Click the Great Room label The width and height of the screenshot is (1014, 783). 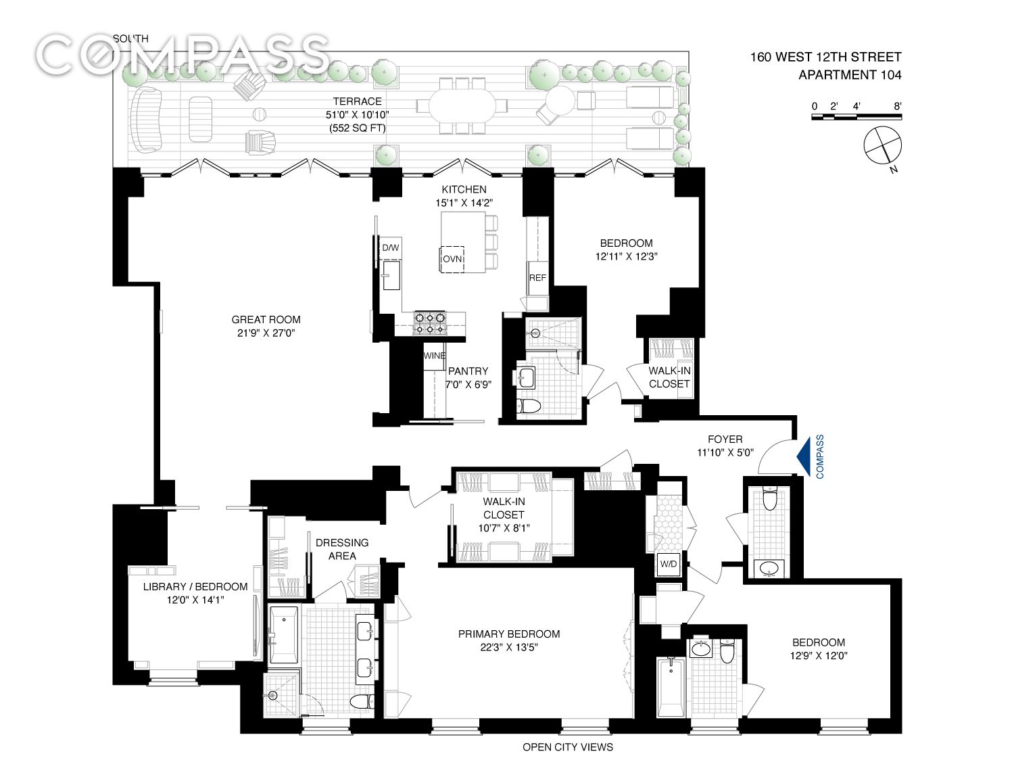click(266, 320)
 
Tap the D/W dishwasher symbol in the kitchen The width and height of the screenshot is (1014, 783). click(391, 248)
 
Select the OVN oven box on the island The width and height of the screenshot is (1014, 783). click(452, 259)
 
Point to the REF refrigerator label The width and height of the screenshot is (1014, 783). click(537, 278)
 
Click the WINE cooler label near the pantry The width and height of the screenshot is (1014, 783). click(434, 356)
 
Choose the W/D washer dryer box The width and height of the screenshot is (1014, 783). click(668, 563)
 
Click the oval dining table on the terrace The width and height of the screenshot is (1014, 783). click(462, 106)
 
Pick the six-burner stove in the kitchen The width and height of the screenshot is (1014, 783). click(430, 323)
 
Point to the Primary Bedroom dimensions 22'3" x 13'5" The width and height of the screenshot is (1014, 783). click(508, 647)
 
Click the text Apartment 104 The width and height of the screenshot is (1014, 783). click(850, 75)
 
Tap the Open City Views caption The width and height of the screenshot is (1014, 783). click(567, 747)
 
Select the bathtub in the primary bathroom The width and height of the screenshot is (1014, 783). click(283, 635)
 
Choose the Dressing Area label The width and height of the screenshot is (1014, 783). click(342, 549)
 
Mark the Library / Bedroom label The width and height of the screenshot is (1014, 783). click(195, 587)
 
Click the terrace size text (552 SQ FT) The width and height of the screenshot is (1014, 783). click(357, 128)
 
